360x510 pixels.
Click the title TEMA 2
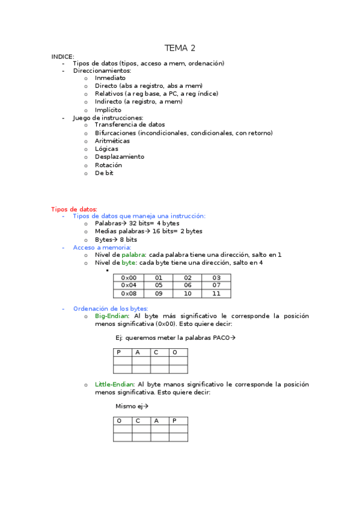coord(180,48)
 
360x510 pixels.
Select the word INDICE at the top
coord(63,56)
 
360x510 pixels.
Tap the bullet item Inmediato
coord(110,78)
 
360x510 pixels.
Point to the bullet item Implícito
coord(108,110)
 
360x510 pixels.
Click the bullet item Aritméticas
coord(112,141)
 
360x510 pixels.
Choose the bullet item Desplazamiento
coord(119,157)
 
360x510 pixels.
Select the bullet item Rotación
coord(108,165)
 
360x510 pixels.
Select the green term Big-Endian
coord(111,316)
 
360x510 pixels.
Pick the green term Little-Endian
coord(114,384)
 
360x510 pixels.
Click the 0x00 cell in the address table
coord(129,278)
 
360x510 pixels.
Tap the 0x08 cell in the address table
coord(129,293)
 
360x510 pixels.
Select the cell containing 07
coord(216,286)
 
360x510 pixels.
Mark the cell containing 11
coord(216,293)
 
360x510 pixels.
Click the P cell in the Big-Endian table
coord(123,352)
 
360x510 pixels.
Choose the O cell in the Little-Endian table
coord(123,421)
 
